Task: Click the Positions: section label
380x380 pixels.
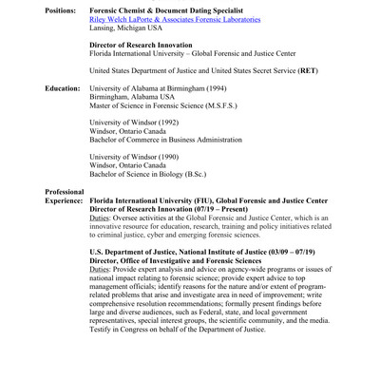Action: click(x=66, y=9)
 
